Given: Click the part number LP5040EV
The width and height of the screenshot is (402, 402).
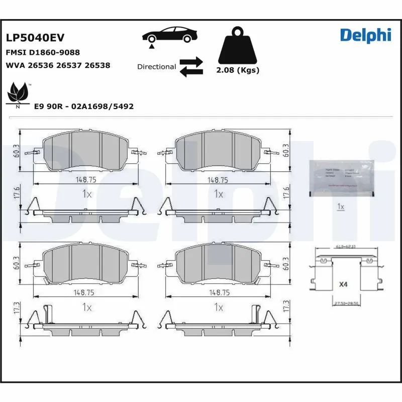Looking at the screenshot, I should (35, 38).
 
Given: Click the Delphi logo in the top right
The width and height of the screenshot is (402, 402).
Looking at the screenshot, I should (365, 35).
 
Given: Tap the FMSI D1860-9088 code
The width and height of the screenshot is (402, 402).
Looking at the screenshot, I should (43, 52).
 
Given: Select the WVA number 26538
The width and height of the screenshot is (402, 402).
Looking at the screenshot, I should (97, 65).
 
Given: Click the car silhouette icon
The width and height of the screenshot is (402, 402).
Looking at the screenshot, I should (168, 35).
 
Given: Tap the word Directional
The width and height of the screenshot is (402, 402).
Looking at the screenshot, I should (156, 67).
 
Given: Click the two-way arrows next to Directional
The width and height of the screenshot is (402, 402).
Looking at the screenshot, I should (191, 67).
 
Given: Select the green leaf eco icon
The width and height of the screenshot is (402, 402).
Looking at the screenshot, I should (18, 93).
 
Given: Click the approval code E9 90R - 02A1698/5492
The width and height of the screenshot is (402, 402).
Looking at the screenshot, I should (83, 107).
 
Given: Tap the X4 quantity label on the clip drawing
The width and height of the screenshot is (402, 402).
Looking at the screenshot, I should (343, 284).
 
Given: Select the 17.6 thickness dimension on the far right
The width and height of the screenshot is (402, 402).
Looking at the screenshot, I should (286, 193).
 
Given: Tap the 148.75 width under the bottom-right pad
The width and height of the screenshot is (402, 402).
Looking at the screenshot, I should (218, 291).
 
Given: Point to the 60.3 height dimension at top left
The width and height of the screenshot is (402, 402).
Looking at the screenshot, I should (16, 151).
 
